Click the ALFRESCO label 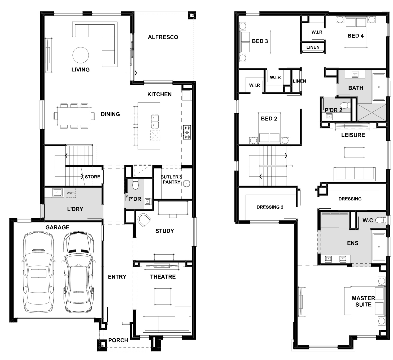163,37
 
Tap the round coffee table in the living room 81,55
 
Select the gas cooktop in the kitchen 187,132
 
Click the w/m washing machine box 71,193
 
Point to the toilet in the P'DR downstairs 135,184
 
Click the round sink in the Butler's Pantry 186,184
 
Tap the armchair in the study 144,220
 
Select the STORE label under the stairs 93,177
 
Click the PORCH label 118,340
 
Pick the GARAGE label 57,227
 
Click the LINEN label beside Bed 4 313,47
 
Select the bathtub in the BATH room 379,87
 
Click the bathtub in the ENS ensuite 379,247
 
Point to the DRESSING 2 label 270,207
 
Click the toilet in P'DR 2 345,105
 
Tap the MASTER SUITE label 363,301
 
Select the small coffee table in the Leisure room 354,152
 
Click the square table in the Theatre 163,296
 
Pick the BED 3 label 260,41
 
